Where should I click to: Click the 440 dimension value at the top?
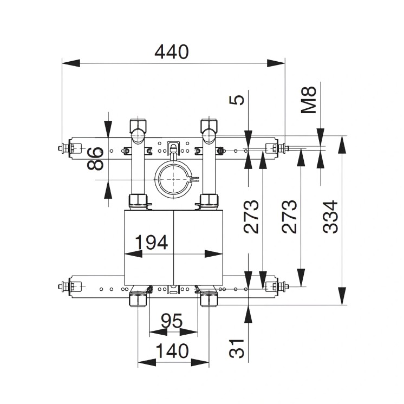172,52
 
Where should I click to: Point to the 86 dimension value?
96,158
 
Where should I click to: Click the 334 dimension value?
330,217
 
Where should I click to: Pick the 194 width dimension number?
151,243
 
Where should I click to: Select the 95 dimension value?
172,322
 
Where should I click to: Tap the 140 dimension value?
173,351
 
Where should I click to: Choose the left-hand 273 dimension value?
251,217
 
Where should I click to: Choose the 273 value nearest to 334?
289,217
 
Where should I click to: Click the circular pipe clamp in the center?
173,180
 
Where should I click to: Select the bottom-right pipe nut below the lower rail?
209,298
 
